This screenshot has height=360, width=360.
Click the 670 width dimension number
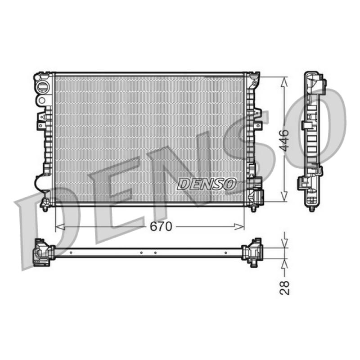(x=161, y=227)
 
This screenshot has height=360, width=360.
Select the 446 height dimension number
(x=285, y=140)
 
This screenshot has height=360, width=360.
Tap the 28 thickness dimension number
(x=285, y=288)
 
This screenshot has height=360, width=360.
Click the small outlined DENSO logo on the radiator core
(x=207, y=184)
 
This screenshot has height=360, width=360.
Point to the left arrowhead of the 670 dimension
(x=60, y=227)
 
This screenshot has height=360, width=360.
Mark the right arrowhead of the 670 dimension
(x=239, y=227)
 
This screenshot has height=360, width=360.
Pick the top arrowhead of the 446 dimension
(x=284, y=82)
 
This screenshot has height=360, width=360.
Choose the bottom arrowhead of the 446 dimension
(x=284, y=197)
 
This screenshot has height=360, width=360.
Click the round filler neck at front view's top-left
(x=42, y=87)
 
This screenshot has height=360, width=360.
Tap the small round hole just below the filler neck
(x=42, y=100)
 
